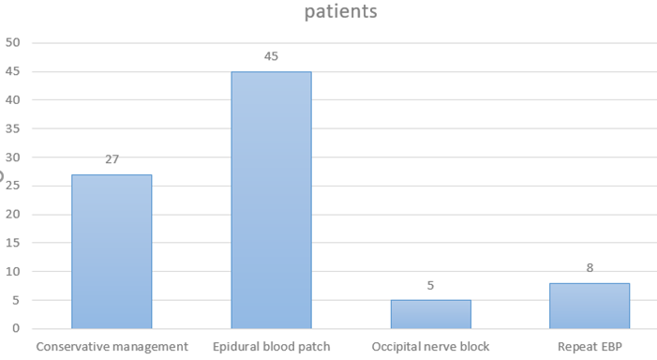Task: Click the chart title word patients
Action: pyautogui.click(x=340, y=11)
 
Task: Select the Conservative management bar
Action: pyautogui.click(x=112, y=251)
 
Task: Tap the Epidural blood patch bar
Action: pyautogui.click(x=272, y=200)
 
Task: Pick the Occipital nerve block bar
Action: pyautogui.click(x=431, y=314)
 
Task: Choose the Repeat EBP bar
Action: pyautogui.click(x=590, y=306)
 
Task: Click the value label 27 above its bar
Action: pyautogui.click(x=112, y=159)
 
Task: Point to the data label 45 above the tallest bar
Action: pyautogui.click(x=271, y=56)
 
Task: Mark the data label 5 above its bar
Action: pyautogui.click(x=430, y=285)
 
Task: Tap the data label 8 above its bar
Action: pyautogui.click(x=590, y=268)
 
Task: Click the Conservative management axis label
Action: pyautogui.click(x=112, y=347)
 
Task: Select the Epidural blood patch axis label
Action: pyautogui.click(x=272, y=347)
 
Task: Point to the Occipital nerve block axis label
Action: pyautogui.click(x=430, y=347)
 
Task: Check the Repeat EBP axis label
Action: pyautogui.click(x=590, y=347)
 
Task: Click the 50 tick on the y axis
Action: pyautogui.click(x=12, y=42)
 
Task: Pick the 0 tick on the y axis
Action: pyautogui.click(x=16, y=328)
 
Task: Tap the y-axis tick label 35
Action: pyautogui.click(x=12, y=128)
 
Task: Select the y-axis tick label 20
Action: pyautogui.click(x=12, y=214)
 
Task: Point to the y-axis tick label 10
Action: pyautogui.click(x=12, y=271)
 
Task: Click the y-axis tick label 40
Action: pyautogui.click(x=12, y=99)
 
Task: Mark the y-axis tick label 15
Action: pyautogui.click(x=12, y=243)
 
